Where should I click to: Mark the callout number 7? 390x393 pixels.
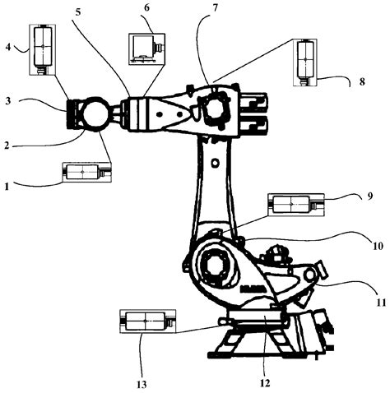coord(215,7)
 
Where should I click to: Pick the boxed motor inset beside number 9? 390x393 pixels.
coord(290,204)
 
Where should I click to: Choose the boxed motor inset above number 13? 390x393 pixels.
coord(146,320)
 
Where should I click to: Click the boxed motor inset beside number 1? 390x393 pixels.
coord(86,173)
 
